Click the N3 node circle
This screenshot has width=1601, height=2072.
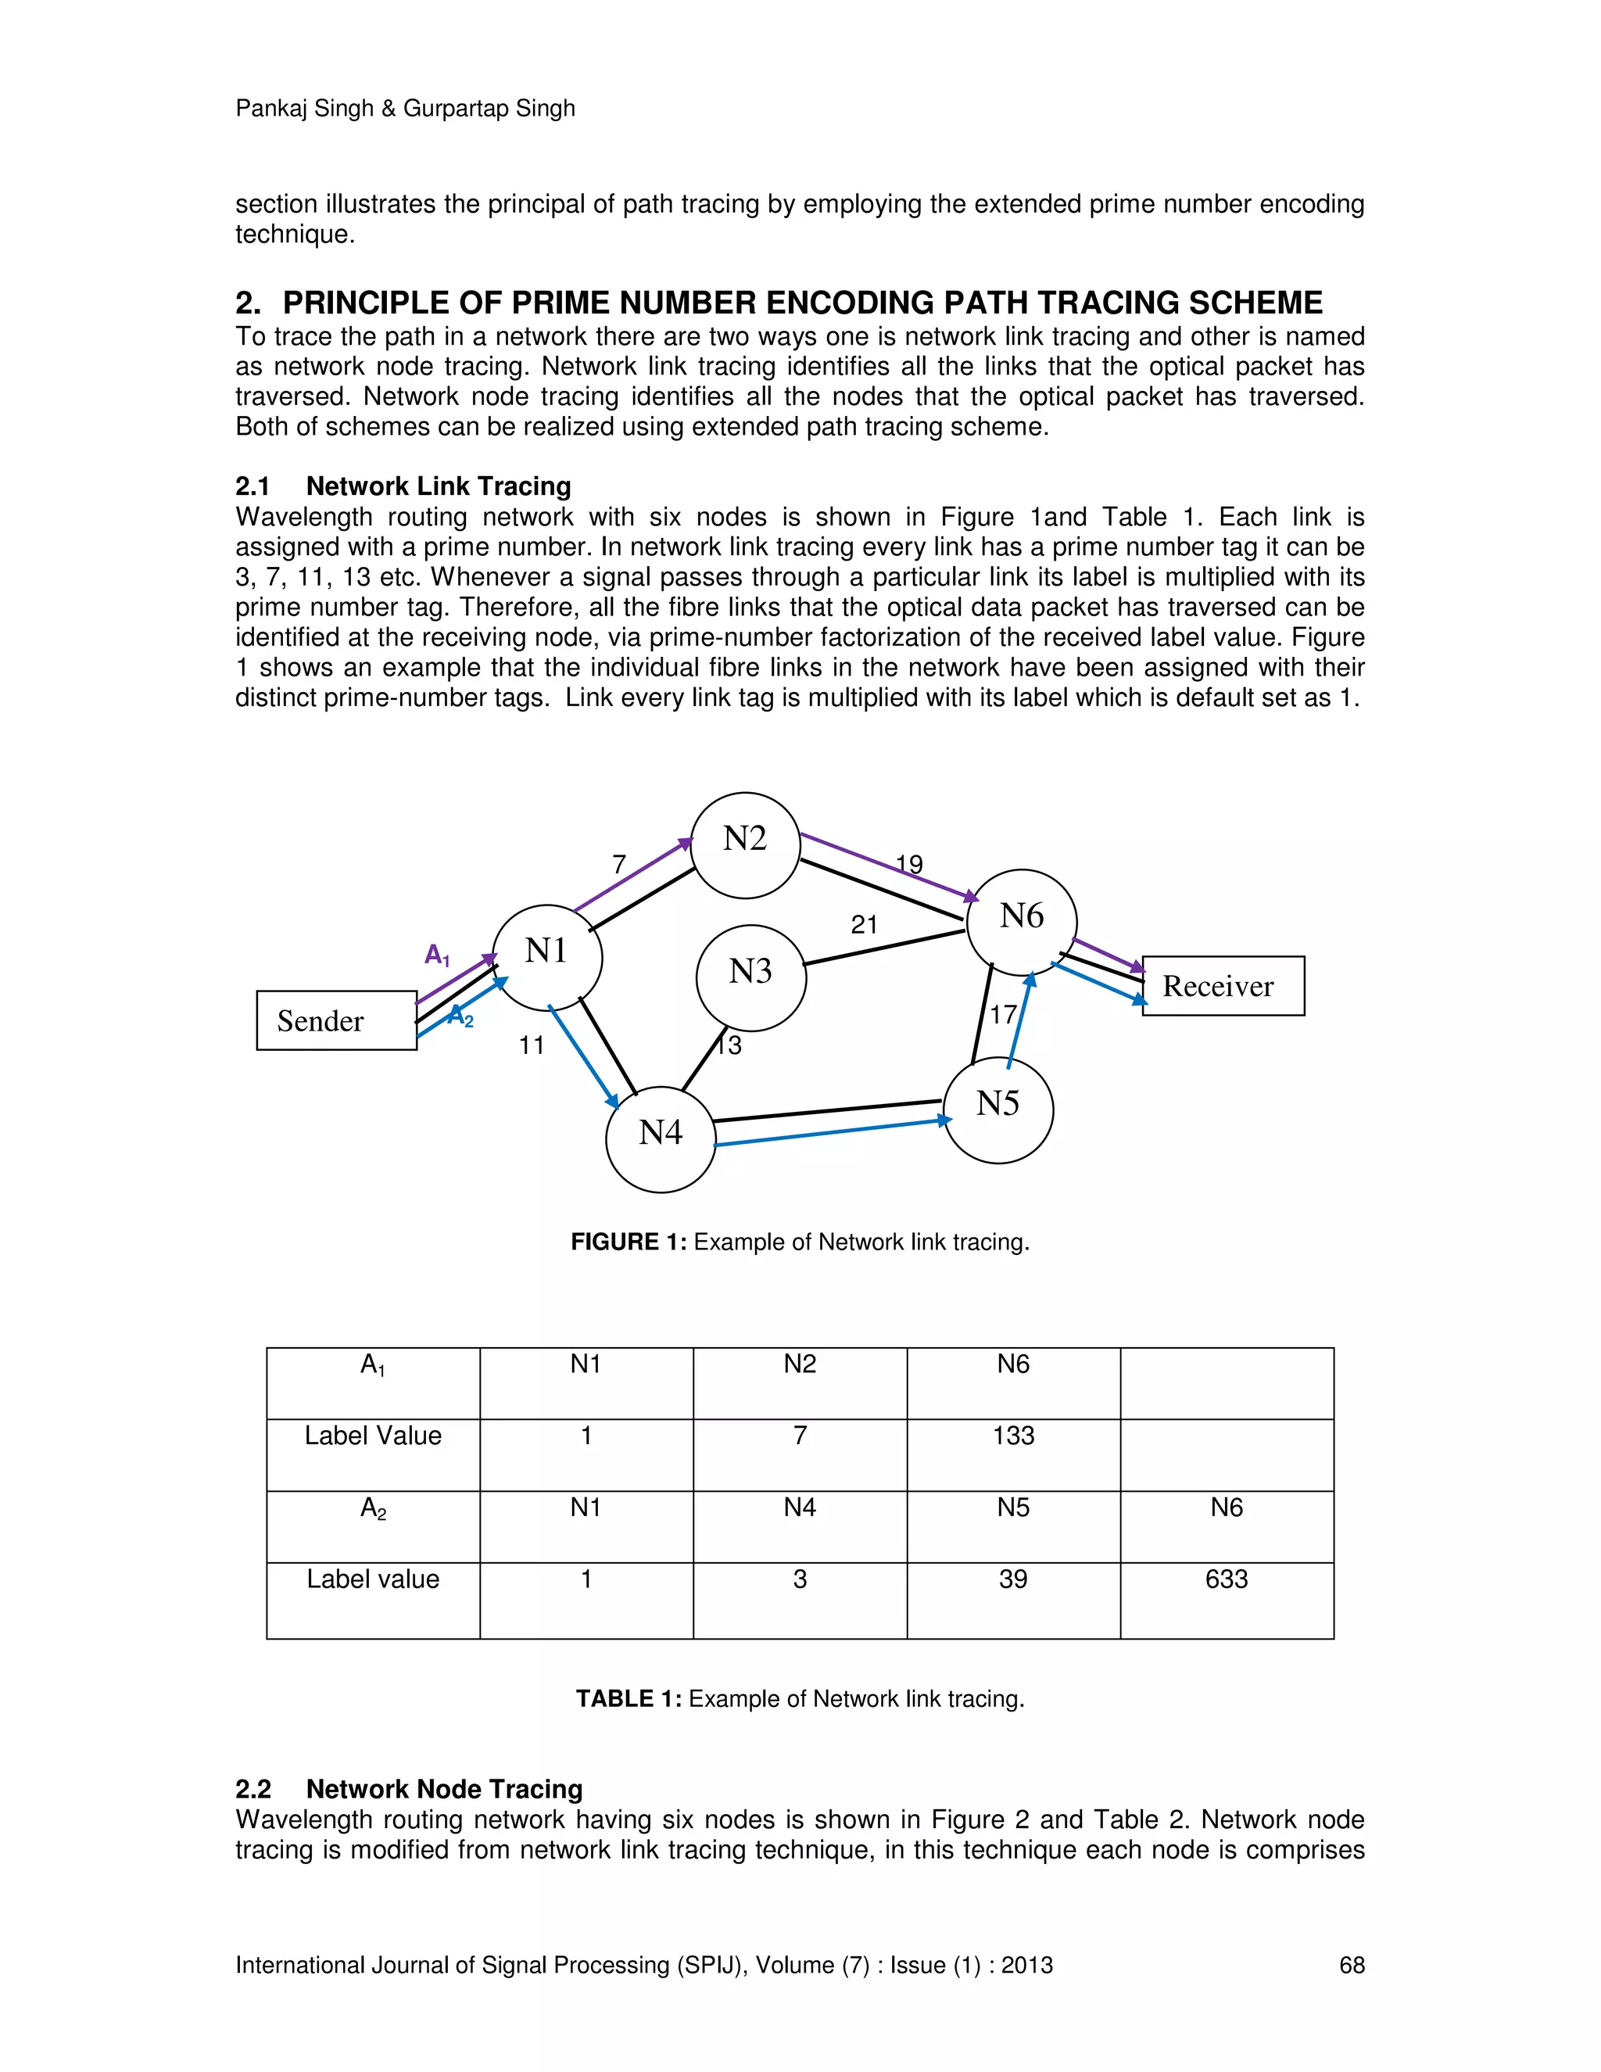tap(750, 977)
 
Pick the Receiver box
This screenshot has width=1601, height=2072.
tap(1223, 986)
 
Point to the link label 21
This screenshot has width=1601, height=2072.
tap(864, 925)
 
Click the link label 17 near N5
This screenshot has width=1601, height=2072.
tap(1004, 1015)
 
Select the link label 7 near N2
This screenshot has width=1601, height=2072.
tap(619, 864)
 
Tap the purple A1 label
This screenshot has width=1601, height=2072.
tap(437, 955)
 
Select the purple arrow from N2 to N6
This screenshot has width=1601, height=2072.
tap(889, 866)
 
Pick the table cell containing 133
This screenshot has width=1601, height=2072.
tap(1013, 1436)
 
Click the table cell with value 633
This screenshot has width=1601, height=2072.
tap(1227, 1579)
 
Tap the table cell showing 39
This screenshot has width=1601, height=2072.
tap(1013, 1579)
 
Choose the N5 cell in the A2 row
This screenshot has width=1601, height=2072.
tap(1013, 1508)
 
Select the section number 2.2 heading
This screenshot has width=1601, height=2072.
tap(253, 1789)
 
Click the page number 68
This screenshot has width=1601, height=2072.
tap(1352, 1965)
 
